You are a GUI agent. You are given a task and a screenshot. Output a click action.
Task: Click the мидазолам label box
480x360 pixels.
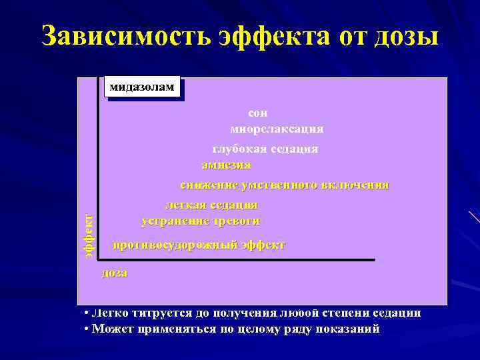[x=142, y=87]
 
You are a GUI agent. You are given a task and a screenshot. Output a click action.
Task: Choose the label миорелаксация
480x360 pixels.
[x=277, y=128]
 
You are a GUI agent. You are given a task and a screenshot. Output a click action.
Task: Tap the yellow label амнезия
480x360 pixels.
[x=226, y=165]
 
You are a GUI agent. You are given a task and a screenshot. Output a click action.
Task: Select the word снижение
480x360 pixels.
[x=207, y=185]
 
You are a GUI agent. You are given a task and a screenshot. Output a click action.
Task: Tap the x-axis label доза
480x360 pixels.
[x=114, y=273]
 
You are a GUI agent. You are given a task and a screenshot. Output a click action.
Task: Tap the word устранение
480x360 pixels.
[x=173, y=221]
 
